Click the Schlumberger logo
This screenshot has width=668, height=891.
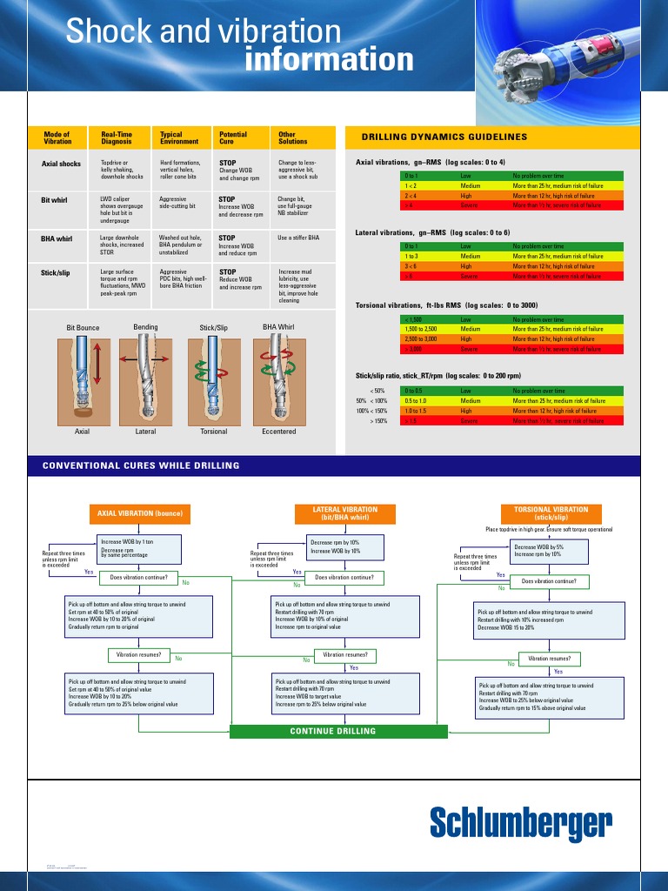(x=521, y=822)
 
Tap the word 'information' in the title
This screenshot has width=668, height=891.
(x=329, y=60)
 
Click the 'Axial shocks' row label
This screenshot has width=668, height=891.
(x=61, y=164)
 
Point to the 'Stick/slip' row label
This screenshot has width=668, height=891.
(x=55, y=273)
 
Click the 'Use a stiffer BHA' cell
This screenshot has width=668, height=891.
(x=298, y=238)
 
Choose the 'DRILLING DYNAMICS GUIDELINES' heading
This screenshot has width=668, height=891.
(x=444, y=137)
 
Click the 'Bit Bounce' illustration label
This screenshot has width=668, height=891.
(x=83, y=328)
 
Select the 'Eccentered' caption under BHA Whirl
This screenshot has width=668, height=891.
(x=278, y=432)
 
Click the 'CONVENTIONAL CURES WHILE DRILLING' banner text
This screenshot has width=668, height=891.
(x=141, y=466)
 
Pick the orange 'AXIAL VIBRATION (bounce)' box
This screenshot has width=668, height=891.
(x=139, y=514)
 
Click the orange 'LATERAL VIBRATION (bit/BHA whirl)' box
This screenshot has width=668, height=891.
(x=345, y=514)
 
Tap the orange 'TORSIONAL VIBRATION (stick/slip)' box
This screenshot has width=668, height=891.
(x=551, y=514)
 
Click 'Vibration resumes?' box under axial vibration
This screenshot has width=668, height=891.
(x=138, y=654)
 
